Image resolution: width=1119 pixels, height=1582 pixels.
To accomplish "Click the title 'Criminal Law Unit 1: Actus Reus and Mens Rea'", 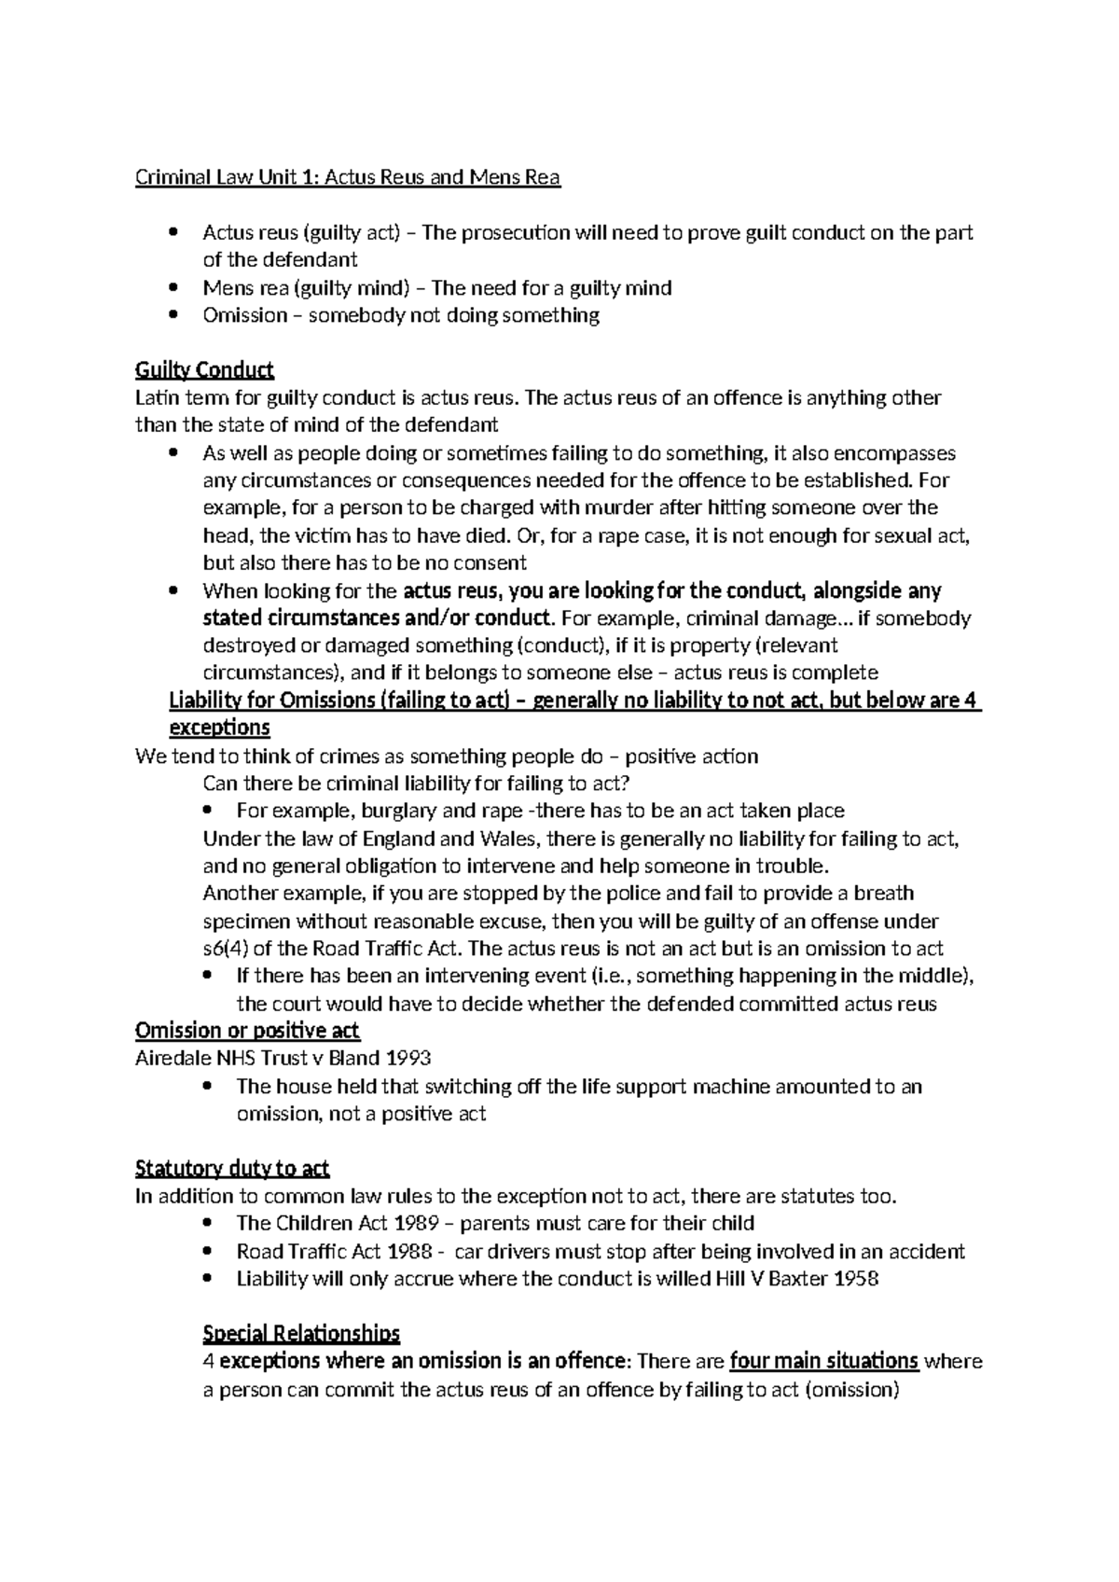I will [x=348, y=177].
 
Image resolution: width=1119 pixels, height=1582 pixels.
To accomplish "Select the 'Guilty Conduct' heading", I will [x=204, y=370].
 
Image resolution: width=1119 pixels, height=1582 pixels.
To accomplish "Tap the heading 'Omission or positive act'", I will [x=247, y=1031].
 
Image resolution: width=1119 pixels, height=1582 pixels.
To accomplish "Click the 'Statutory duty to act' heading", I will [x=232, y=1169].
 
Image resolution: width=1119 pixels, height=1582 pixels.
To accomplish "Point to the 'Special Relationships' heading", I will [x=301, y=1333].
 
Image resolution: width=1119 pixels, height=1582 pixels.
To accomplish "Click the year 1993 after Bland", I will [x=410, y=1059].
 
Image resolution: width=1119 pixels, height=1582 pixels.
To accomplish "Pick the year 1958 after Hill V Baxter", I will [x=857, y=1279].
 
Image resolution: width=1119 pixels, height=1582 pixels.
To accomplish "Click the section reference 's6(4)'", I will [x=227, y=949].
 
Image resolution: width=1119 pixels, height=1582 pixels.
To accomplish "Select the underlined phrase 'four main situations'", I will [x=824, y=1361].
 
